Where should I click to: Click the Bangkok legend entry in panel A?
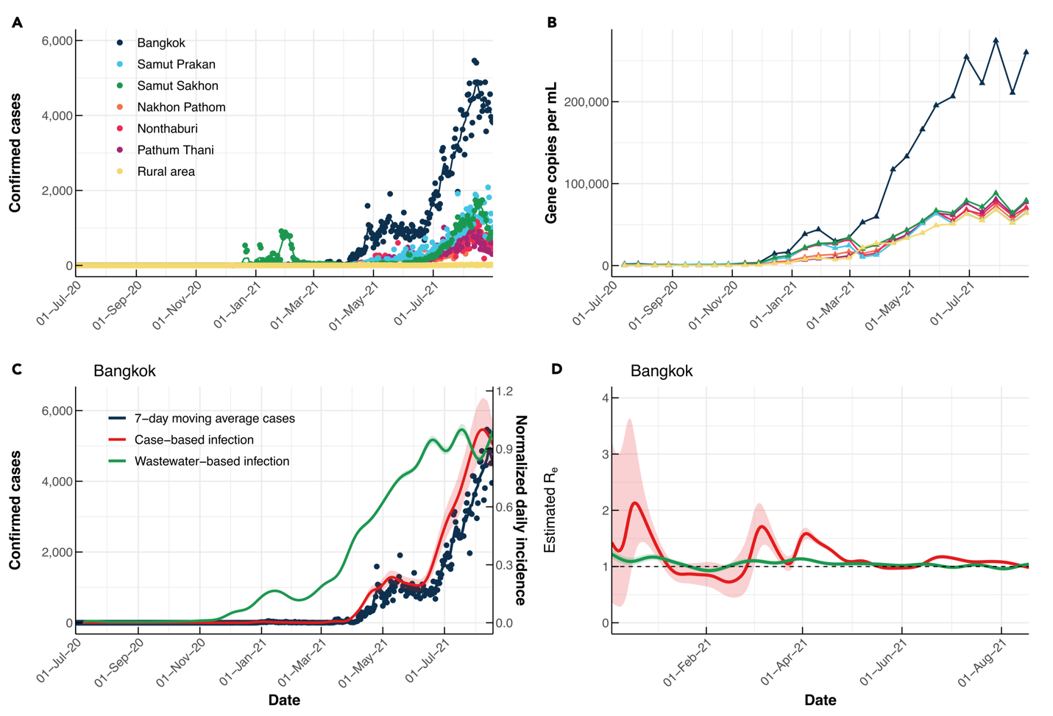tap(160, 43)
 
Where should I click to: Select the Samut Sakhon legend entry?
tap(177, 86)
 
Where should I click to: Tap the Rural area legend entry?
tap(166, 171)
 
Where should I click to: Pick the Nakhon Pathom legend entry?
tap(181, 107)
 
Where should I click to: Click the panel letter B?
tap(552, 23)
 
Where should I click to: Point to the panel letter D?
tap(556, 369)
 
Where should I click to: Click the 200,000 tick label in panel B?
tap(586, 102)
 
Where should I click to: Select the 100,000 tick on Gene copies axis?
tap(586, 184)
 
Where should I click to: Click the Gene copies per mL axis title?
tap(551, 153)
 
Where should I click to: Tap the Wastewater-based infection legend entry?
tap(211, 461)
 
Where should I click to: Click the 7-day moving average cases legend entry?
tap(214, 419)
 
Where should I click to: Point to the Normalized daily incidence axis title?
tap(521, 510)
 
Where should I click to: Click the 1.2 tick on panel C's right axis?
tap(504, 391)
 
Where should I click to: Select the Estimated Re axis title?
tap(550, 509)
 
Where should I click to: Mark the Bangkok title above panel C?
tap(124, 371)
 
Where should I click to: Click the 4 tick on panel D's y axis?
tap(605, 398)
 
